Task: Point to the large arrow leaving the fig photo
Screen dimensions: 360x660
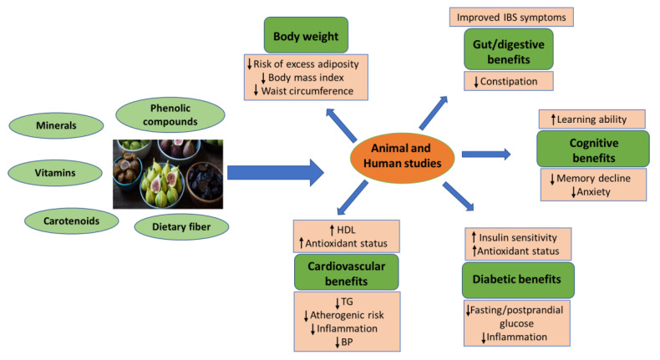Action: point(276,173)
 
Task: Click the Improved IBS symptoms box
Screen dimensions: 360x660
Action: point(512,17)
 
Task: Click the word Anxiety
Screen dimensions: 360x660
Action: point(592,191)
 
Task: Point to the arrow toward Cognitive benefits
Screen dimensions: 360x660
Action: point(485,154)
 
